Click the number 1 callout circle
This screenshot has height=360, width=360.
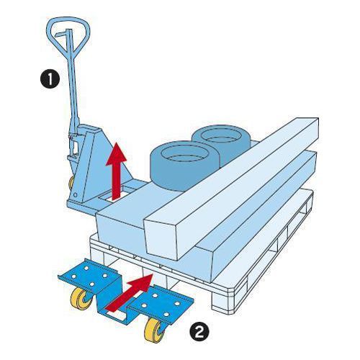click(50, 79)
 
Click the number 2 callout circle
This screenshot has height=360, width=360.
click(199, 333)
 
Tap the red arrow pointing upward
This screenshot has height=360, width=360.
click(117, 171)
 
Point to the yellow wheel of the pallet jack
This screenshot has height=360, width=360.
click(71, 184)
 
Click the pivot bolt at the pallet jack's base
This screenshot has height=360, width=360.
click(76, 194)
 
